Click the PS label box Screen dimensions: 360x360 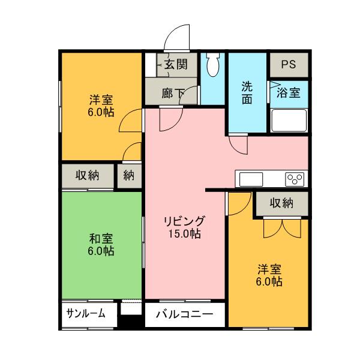[x=288, y=64]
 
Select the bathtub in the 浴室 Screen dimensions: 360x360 [x=289, y=120]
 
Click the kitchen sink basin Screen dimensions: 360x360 [x=251, y=179]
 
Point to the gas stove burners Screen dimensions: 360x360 [x=294, y=179]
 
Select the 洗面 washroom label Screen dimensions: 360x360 [x=247, y=93]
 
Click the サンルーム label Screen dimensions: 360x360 [x=86, y=313]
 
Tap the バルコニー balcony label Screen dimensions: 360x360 [x=184, y=314]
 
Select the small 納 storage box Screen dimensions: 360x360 [x=130, y=176]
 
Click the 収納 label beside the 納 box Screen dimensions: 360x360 [x=88, y=176]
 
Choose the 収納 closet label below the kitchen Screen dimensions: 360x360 [x=281, y=203]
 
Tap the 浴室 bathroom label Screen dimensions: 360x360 [x=289, y=93]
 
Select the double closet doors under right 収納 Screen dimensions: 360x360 [x=281, y=228]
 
